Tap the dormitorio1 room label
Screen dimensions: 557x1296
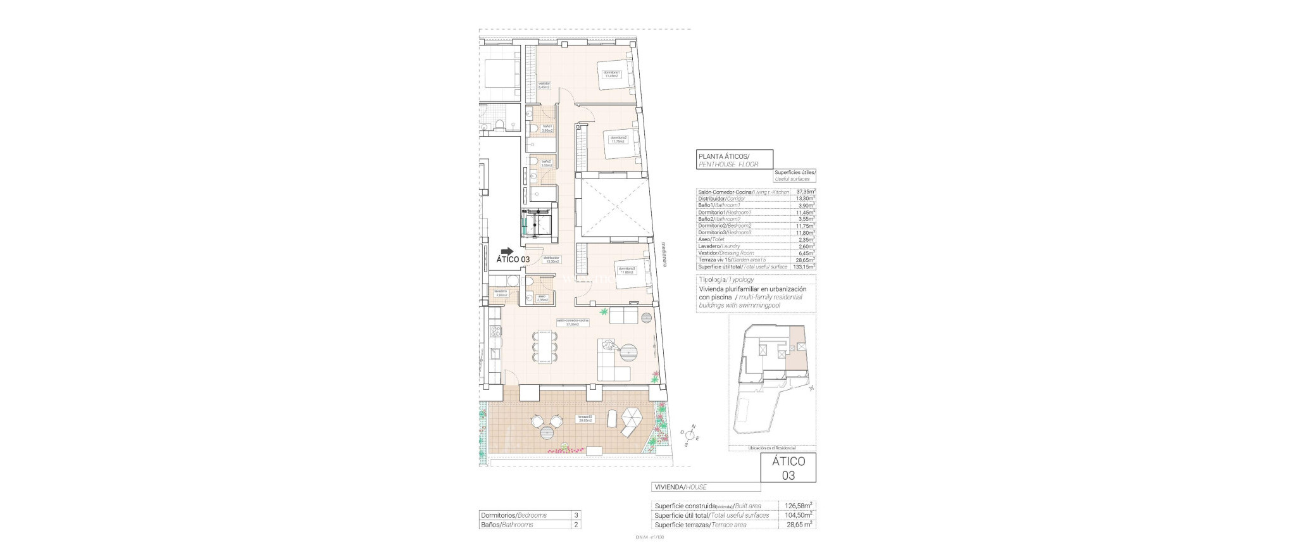(611, 74)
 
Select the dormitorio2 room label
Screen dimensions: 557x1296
(618, 139)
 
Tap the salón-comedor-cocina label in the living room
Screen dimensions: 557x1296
(572, 323)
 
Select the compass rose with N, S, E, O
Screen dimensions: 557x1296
(690, 435)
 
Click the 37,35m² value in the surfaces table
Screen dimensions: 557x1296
(805, 192)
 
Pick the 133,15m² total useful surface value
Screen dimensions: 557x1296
(804, 267)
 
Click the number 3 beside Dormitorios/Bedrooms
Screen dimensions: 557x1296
(576, 515)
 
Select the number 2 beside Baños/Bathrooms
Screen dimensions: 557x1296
(576, 525)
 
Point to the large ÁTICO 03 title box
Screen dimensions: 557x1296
(788, 468)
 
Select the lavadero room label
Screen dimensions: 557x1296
(501, 292)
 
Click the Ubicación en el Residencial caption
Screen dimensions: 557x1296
(772, 448)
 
